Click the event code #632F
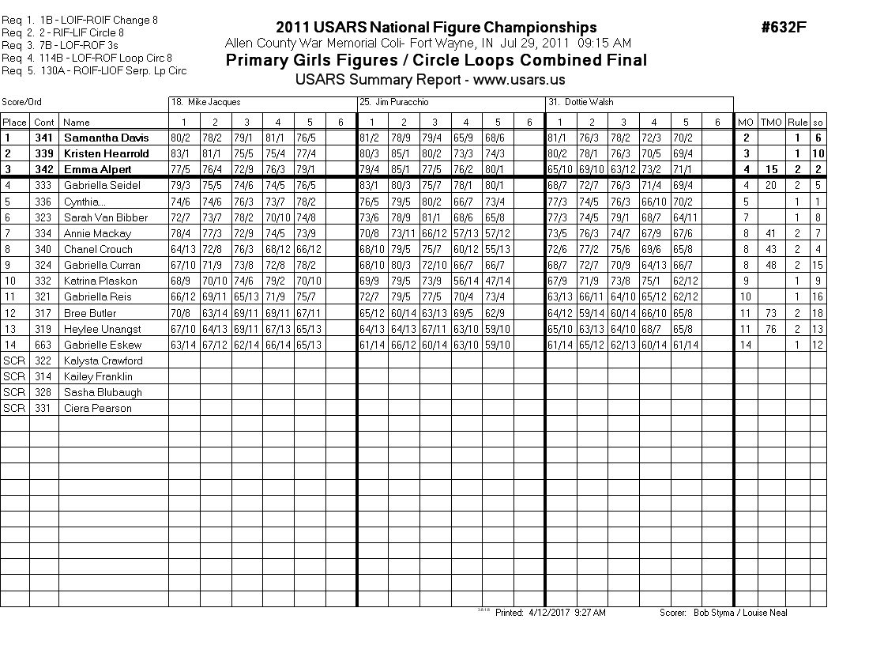click(x=784, y=28)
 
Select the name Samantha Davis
click(x=106, y=138)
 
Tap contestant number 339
click(x=44, y=153)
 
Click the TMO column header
click(x=770, y=122)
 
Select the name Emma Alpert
click(x=97, y=169)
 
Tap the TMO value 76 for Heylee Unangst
click(x=770, y=329)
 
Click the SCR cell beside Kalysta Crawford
click(x=14, y=361)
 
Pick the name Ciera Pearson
click(x=97, y=408)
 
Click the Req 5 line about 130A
click(x=94, y=71)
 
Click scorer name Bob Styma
click(x=715, y=613)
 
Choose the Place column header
click(x=14, y=122)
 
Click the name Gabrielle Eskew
click(x=102, y=345)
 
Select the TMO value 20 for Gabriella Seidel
click(x=770, y=185)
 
